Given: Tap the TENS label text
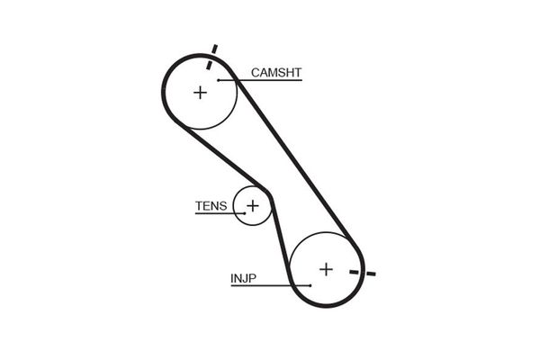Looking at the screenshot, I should [x=211, y=205].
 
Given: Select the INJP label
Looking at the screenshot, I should [x=243, y=279].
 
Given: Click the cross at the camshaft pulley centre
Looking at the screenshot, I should [x=200, y=92].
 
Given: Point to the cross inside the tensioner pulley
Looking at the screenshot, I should [x=253, y=206].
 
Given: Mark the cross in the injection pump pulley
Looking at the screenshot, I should [x=326, y=268].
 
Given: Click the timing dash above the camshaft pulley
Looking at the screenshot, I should [x=212, y=57].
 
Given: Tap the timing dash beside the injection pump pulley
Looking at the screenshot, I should [x=364, y=273].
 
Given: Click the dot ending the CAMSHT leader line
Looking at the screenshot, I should [x=219, y=80].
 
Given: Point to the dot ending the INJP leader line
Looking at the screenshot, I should [x=310, y=285].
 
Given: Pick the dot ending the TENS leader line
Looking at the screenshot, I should [x=243, y=213].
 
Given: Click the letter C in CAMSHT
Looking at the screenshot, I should [x=256, y=71].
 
